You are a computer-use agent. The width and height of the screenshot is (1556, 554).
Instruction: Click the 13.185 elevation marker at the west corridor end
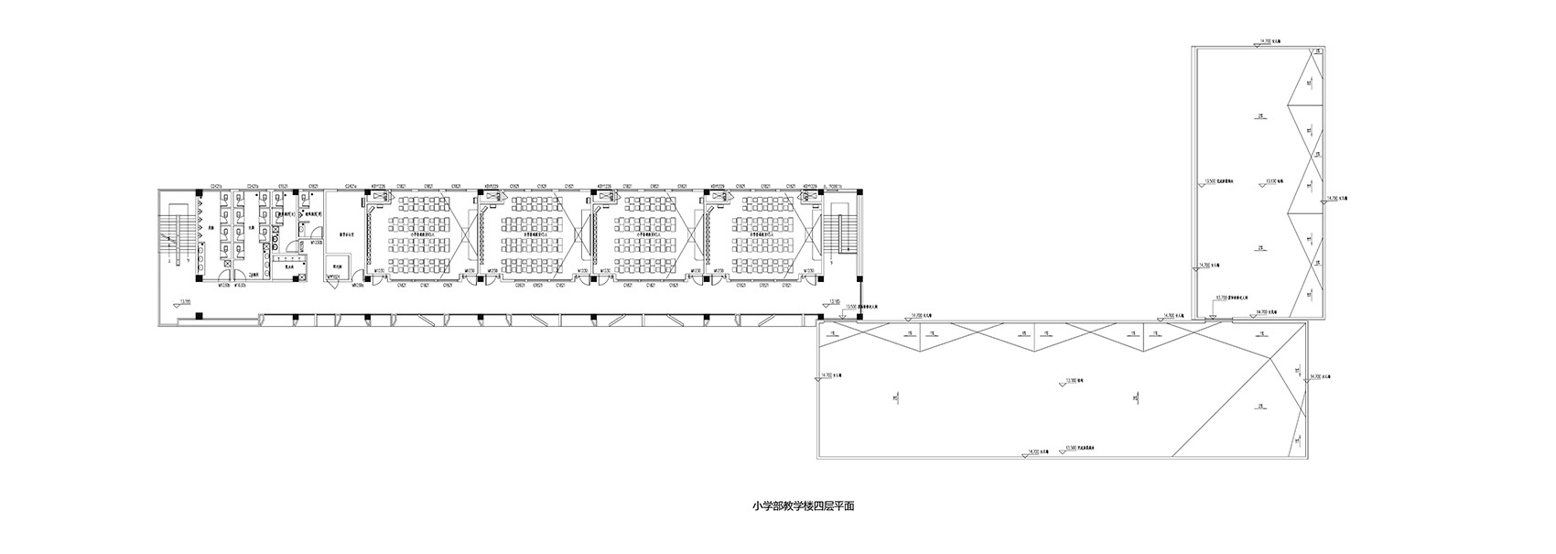click(185, 302)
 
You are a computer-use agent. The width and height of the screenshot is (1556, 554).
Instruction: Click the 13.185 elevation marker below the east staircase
click(833, 302)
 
